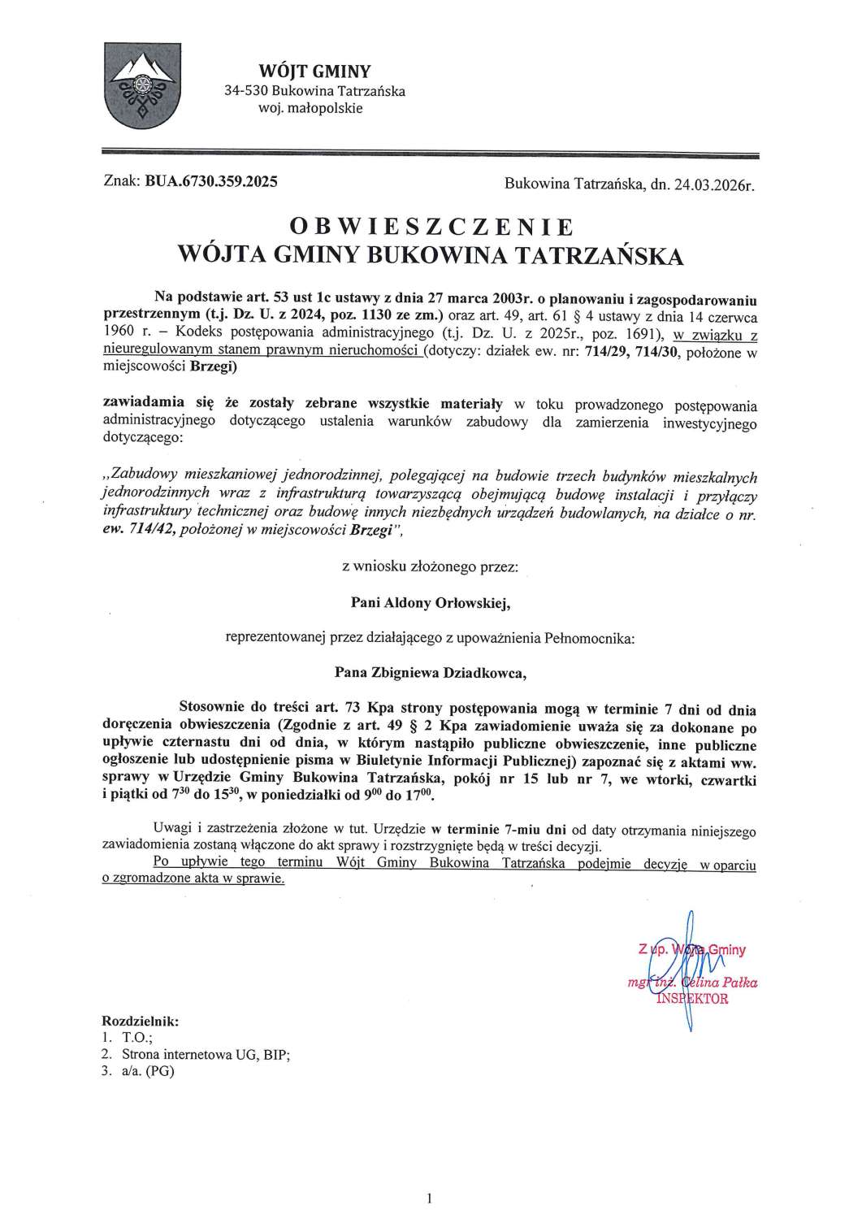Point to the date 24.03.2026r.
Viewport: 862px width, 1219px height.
click(x=714, y=185)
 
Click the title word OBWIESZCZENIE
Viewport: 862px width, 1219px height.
click(x=431, y=225)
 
